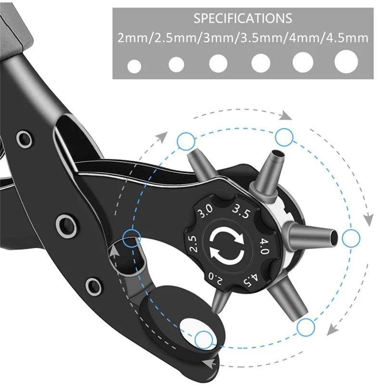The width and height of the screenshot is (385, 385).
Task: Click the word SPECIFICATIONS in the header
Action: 243,19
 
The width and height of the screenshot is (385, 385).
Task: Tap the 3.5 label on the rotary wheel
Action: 241,211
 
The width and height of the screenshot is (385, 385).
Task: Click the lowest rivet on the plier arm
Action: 93,286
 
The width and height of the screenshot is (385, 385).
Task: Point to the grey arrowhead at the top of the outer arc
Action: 287,115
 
